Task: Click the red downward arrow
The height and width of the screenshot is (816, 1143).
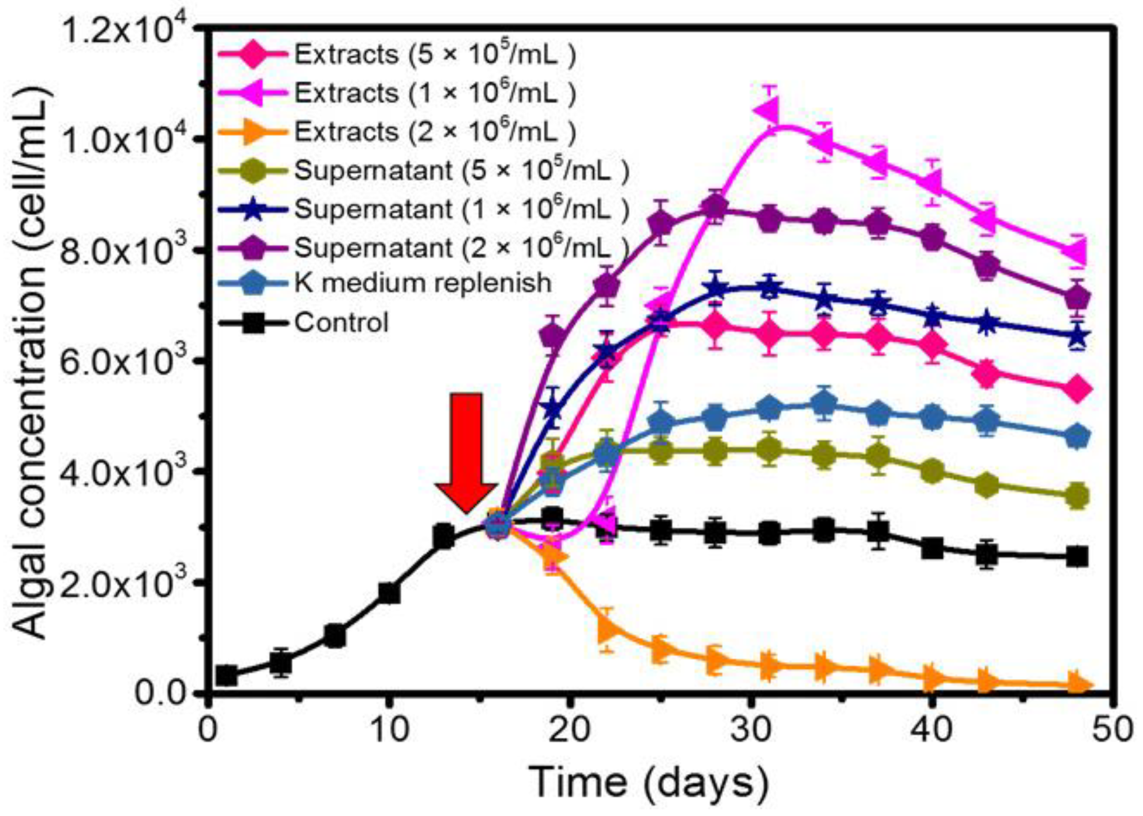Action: point(466,451)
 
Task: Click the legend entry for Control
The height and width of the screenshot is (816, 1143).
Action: point(341,322)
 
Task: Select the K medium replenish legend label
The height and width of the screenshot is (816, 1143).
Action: point(423,283)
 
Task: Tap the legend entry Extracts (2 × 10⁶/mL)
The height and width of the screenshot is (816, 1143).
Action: point(434,132)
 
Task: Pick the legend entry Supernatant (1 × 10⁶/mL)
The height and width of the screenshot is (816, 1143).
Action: point(461,208)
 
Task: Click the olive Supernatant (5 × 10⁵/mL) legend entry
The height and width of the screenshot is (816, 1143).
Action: point(461,170)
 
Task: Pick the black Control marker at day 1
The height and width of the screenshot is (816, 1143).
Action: point(226,676)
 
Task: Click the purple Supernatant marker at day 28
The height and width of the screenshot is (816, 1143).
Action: point(715,207)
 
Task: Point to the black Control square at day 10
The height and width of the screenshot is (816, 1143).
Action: point(389,593)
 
